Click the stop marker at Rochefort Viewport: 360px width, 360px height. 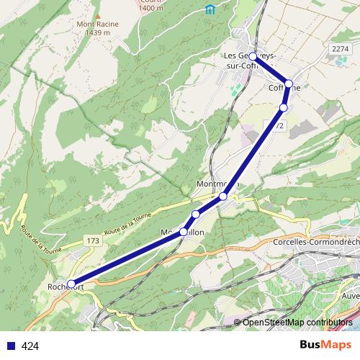pyautogui.click(x=71, y=284)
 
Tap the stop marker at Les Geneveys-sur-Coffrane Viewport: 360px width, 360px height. pyautogui.click(x=253, y=55)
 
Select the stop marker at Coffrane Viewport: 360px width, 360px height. pyautogui.click(x=289, y=84)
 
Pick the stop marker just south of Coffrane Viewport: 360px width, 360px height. pyautogui.click(x=283, y=107)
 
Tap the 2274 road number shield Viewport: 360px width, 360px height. pyautogui.click(x=340, y=48)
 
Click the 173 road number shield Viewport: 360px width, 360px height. pyautogui.click(x=91, y=240)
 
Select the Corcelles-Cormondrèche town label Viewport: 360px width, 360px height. pyautogui.click(x=315, y=242)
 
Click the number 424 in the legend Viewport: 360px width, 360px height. pyautogui.click(x=30, y=346)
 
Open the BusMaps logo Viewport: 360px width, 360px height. pyautogui.click(x=325, y=345)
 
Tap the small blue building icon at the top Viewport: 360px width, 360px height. pyautogui.click(x=210, y=9)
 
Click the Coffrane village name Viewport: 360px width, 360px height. pyautogui.click(x=284, y=88)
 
